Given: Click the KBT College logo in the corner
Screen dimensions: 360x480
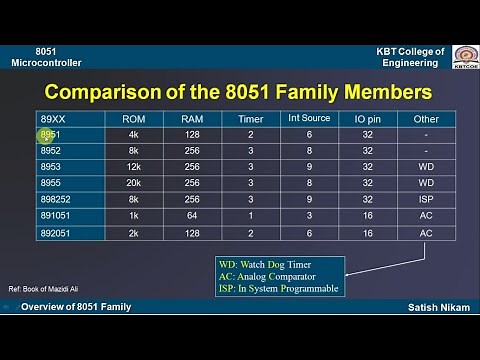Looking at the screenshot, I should (x=464, y=56).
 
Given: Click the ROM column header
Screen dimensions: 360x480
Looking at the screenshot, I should (x=133, y=119).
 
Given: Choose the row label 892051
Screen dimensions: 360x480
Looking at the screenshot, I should (x=57, y=232).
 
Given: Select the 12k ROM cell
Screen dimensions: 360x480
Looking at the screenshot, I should (x=133, y=167).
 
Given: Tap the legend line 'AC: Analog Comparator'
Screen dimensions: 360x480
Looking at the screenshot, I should (x=268, y=276).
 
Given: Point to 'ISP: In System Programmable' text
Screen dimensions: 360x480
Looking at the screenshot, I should (x=278, y=288).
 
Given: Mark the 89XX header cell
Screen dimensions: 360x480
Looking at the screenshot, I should (x=53, y=119).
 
